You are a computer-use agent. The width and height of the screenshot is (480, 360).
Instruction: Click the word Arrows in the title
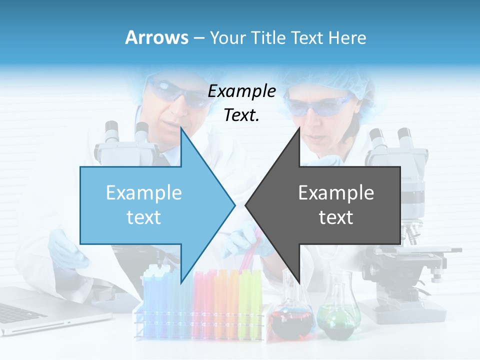coord(156,37)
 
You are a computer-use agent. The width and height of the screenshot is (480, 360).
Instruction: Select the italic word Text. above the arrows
coord(241,115)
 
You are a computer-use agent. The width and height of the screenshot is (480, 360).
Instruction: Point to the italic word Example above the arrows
coord(241,91)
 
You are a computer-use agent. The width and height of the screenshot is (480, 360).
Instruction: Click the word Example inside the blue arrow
coord(144,192)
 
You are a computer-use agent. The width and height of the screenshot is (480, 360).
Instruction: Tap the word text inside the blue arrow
coord(144,217)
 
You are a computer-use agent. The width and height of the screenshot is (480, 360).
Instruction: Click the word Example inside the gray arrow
coord(336,192)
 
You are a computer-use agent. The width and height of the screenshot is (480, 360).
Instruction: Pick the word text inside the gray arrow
coord(336,217)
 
